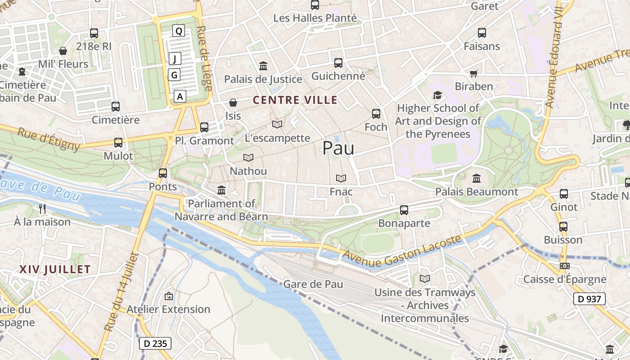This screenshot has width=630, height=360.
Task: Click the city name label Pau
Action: click(338, 148)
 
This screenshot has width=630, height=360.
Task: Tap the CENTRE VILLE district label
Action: click(295, 100)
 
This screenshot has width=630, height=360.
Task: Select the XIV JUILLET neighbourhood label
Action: click(55, 270)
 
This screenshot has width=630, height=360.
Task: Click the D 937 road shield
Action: click(589, 298)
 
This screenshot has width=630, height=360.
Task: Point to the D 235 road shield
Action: click(155, 343)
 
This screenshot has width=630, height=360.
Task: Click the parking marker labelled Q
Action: click(179, 31)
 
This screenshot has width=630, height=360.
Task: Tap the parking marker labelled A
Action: click(180, 96)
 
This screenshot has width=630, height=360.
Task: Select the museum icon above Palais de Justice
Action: click(263, 66)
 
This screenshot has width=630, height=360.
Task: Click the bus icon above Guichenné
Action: click(338, 63)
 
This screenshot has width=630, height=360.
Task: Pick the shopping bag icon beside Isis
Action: click(233, 103)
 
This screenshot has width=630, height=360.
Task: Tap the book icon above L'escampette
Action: click(277, 124)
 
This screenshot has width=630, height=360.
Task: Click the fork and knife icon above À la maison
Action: click(42, 208)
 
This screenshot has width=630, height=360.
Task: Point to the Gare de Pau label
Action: click(313, 284)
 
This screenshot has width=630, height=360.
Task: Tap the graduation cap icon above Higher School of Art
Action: click(437, 95)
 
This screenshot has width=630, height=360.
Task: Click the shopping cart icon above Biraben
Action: click(474, 73)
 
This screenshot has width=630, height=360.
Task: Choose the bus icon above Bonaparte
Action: click(404, 210)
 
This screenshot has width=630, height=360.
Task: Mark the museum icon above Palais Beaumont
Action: click(477, 179)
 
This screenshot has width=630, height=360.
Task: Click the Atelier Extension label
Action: click(168, 309)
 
